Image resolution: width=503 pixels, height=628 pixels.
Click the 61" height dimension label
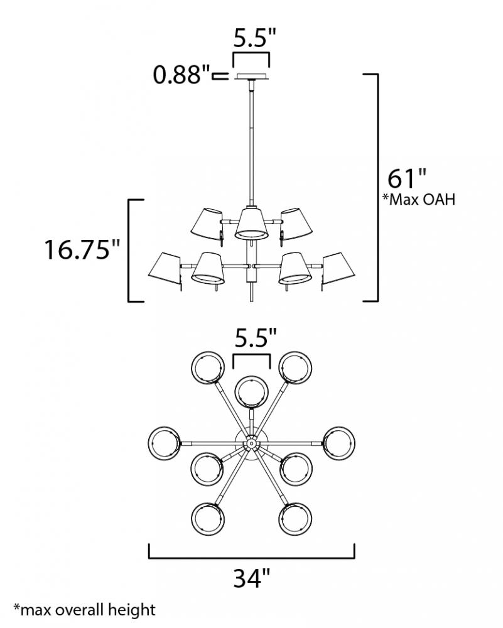[406, 178]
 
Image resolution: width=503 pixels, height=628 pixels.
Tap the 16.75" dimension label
[82, 249]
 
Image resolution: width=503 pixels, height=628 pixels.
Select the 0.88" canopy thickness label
[182, 75]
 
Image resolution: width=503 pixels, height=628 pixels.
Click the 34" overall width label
[252, 578]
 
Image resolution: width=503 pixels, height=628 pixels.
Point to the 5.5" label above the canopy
[255, 38]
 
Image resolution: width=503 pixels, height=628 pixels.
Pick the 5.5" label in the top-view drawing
[256, 338]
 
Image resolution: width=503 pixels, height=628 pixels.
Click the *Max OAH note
[419, 199]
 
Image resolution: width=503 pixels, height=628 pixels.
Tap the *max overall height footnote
[84, 610]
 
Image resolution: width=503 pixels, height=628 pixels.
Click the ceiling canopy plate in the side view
[251, 77]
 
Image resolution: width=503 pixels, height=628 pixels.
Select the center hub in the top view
[251, 443]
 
